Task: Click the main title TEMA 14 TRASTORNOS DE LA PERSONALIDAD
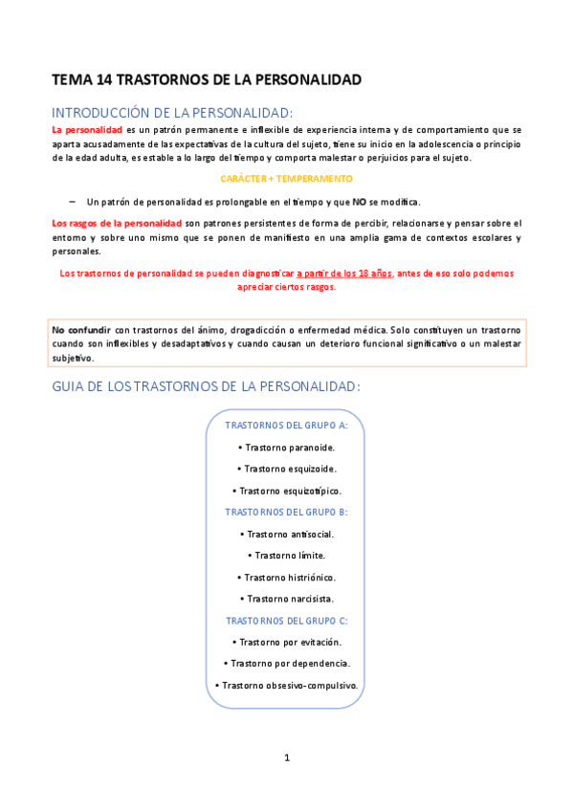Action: [x=206, y=79]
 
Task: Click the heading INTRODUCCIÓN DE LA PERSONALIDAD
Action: [x=172, y=111]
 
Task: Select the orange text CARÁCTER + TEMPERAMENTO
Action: [x=286, y=179]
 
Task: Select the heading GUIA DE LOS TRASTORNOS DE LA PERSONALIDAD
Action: [x=206, y=386]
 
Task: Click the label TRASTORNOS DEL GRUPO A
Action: [x=286, y=425]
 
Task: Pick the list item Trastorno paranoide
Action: [x=286, y=447]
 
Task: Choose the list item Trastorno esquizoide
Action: [x=286, y=469]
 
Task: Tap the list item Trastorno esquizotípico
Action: [x=286, y=491]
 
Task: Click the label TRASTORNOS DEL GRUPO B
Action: [x=286, y=512]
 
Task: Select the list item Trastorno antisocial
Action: [x=286, y=534]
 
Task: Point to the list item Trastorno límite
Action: [x=286, y=555]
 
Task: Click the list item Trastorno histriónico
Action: [x=286, y=577]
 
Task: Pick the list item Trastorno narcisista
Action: [x=286, y=599]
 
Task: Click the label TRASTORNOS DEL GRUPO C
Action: [x=286, y=620]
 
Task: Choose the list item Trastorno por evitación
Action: [x=286, y=642]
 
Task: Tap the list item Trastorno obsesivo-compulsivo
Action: [x=286, y=685]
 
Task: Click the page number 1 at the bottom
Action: [x=286, y=758]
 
